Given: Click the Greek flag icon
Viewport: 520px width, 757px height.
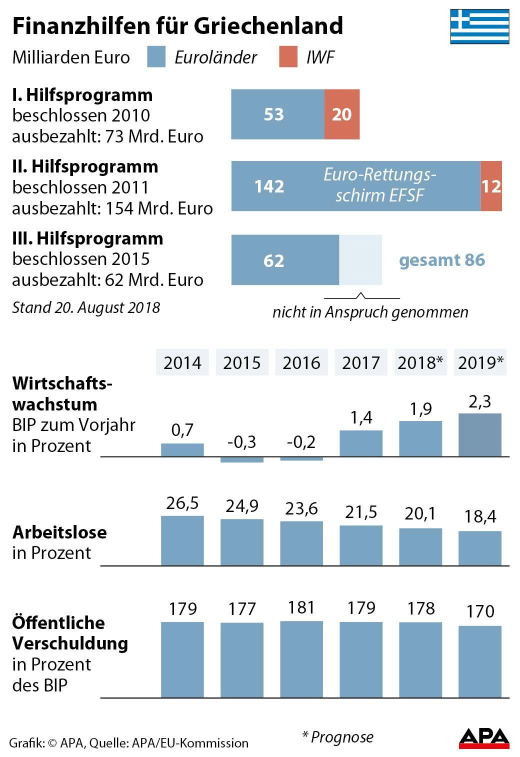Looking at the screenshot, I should [x=479, y=26].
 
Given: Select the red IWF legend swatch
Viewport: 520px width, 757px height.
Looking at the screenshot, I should [x=288, y=57].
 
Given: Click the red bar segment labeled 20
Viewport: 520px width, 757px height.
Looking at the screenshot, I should [x=342, y=114].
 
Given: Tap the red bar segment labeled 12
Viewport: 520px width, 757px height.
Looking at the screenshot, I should [x=491, y=186].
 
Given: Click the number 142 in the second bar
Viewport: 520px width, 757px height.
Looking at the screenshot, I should [x=269, y=186].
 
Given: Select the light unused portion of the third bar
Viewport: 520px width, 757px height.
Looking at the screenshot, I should [x=360, y=260].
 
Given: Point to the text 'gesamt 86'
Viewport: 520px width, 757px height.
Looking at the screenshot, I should [x=442, y=260].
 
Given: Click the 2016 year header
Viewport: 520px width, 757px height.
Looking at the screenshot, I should [x=301, y=362].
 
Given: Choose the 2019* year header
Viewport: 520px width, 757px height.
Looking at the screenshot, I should [x=480, y=362].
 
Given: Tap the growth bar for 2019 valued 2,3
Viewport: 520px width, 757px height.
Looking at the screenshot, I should [x=479, y=435].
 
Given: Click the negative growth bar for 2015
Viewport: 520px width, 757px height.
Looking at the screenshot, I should [x=242, y=459].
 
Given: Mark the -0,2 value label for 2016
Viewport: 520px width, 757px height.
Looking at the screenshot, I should [x=301, y=442].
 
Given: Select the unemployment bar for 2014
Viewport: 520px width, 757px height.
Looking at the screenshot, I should [x=182, y=540].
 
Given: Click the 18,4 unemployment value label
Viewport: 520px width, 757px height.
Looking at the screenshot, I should [x=479, y=516].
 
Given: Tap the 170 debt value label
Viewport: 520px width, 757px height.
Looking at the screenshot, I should [x=479, y=611].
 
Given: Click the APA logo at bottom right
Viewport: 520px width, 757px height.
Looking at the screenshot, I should [x=483, y=738].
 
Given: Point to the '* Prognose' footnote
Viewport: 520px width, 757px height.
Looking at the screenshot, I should [x=338, y=736].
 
